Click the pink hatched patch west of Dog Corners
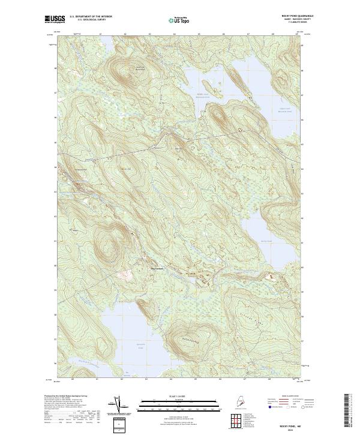[125, 275]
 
